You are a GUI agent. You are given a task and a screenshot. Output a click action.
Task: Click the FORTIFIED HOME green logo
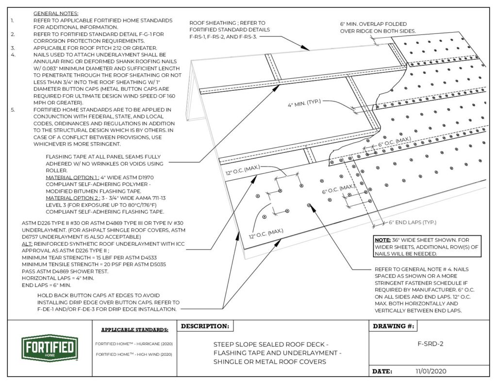click(x=50, y=348)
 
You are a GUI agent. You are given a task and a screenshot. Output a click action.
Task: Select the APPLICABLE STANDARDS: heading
click(x=134, y=331)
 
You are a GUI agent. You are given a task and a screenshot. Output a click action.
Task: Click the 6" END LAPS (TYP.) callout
click(x=412, y=223)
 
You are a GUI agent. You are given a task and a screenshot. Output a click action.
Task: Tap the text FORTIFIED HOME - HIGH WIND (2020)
click(x=134, y=355)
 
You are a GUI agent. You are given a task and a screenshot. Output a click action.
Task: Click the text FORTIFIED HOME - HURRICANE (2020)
click(x=134, y=343)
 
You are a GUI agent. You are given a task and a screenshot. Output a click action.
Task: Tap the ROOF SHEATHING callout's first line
click(x=227, y=23)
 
